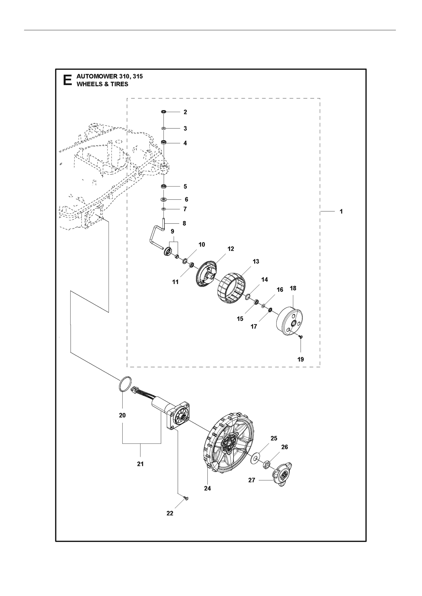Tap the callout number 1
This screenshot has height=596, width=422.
coord(341,212)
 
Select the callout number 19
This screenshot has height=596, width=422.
coord(301,359)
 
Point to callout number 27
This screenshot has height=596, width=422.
coord(252,480)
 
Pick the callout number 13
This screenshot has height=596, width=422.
coord(256,261)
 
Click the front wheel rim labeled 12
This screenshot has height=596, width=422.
coord(207,274)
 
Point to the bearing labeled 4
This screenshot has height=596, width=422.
coord(164,142)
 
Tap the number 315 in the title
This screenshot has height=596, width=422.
coord(137,76)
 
